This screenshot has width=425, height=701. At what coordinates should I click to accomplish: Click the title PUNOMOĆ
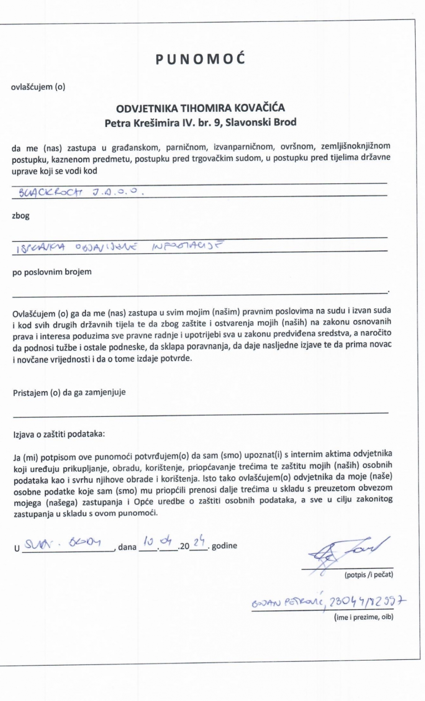[x=201, y=60]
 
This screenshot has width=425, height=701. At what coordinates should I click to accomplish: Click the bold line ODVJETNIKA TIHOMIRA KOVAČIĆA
[x=201, y=107]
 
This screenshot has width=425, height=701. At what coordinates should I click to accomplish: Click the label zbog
[x=21, y=216]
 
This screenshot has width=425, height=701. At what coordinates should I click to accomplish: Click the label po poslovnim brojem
[x=52, y=272]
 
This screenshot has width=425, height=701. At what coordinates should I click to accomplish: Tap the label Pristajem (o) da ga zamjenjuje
[x=69, y=392]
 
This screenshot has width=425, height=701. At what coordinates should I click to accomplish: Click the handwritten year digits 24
[x=200, y=542]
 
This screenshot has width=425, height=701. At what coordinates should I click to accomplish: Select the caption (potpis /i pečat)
[x=369, y=575]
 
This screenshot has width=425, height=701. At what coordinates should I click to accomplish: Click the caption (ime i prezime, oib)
[x=363, y=617]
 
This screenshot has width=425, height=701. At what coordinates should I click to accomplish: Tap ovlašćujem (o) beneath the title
[x=39, y=87]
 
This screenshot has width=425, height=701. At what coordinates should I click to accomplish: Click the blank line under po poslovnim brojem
[x=200, y=292]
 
